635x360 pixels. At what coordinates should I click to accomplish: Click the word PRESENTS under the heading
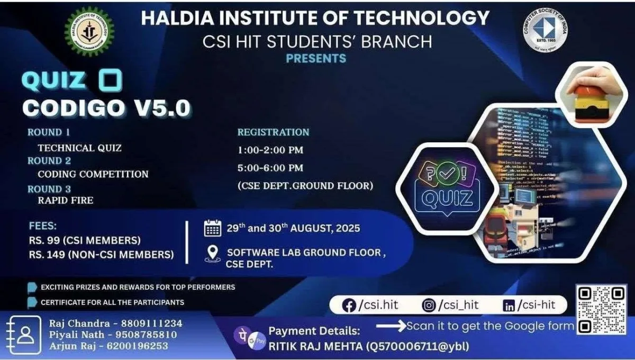[x=316, y=58]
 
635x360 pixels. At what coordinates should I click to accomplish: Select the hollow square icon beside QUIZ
[x=110, y=80]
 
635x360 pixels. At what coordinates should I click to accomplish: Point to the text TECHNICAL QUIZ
[x=79, y=148]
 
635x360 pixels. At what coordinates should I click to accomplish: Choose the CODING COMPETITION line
[x=93, y=174]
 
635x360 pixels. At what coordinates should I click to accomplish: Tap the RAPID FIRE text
[x=66, y=200]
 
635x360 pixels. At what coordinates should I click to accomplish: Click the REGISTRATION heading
[x=273, y=132]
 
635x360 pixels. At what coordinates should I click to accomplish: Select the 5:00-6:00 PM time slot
[x=270, y=168]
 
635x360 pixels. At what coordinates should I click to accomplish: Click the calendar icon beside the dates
[x=212, y=229]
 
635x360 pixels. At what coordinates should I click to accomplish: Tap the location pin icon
[x=212, y=254]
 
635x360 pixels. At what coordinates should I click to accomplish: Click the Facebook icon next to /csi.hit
[x=349, y=305]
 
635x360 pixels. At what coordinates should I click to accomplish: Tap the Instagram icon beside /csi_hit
[x=429, y=305]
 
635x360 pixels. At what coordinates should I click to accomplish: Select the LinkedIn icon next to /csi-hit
[x=509, y=305]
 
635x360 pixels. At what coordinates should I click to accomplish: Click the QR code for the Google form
[x=601, y=310]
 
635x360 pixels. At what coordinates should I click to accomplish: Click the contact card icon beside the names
[x=24, y=335]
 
